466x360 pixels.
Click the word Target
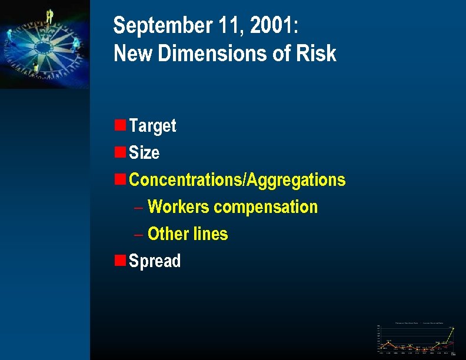tap(152, 126)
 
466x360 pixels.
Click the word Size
tap(144, 153)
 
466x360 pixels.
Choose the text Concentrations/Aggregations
tap(237, 180)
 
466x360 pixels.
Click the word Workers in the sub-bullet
tap(178, 207)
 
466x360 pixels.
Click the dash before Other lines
tap(138, 234)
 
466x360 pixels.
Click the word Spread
tap(155, 261)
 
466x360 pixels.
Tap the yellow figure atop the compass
tap(49, 16)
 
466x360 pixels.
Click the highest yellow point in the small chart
tap(453, 328)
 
